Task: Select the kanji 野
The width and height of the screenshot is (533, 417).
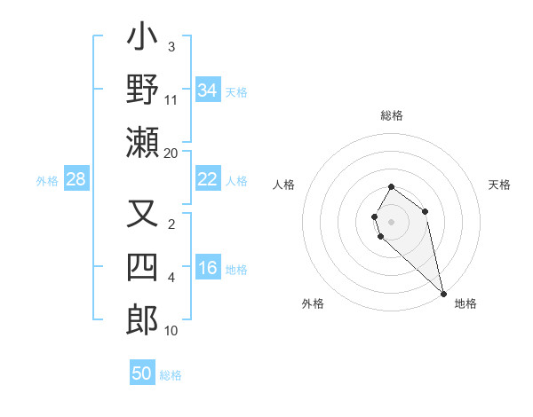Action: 142,90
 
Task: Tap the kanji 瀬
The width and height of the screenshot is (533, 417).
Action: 142,142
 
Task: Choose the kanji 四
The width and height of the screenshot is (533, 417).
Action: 142,267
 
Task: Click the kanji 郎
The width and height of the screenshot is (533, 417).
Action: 142,320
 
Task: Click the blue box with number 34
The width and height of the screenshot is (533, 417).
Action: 208,90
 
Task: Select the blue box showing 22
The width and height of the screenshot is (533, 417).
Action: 208,179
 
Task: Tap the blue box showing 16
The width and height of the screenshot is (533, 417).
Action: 208,269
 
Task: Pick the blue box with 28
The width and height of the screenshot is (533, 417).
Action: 76,180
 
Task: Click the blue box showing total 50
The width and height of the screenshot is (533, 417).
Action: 142,374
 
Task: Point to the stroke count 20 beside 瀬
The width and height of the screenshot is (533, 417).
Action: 171,153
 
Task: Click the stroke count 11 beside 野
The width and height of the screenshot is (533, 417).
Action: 171,99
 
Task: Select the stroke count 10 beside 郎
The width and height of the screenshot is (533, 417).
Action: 171,331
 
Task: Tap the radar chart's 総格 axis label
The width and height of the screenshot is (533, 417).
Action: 392,115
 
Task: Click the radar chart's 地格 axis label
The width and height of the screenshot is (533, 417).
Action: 465,303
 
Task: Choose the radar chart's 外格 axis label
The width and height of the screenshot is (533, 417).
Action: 313,303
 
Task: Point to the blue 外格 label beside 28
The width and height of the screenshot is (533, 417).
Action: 47,181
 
